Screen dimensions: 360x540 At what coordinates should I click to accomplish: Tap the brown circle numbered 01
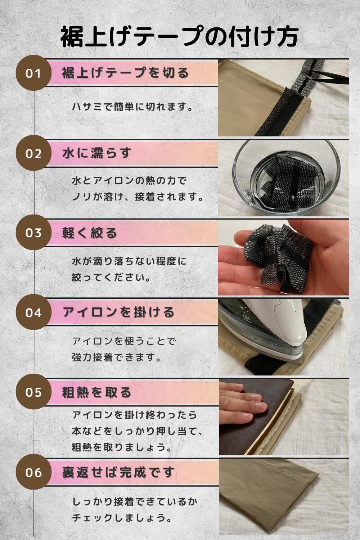33,73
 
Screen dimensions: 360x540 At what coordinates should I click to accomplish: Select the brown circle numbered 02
33,153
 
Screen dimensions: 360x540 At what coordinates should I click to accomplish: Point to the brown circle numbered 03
33,233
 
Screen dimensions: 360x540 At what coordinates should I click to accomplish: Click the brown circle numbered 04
33,312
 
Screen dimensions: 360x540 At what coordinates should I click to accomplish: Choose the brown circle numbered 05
33,392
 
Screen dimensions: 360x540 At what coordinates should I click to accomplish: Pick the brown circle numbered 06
33,472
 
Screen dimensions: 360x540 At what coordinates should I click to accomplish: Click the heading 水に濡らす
97,153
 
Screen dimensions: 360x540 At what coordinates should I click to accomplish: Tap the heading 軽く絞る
90,233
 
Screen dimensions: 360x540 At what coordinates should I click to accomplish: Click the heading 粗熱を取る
97,392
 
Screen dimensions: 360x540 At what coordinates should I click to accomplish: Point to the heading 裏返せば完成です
118,472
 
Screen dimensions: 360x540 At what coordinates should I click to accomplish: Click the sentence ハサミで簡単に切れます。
132,107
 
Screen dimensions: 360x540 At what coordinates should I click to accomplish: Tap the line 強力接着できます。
117,357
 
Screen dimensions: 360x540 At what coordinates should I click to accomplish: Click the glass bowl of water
287,178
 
